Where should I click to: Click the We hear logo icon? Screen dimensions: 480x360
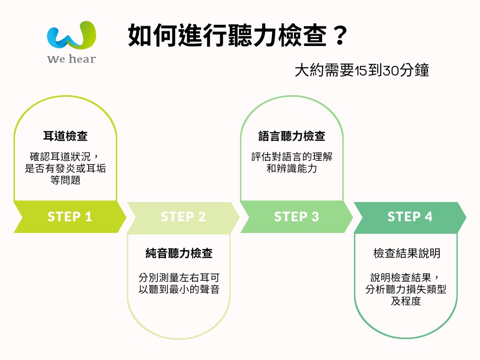(72, 35)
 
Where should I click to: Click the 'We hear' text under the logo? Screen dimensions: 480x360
(72, 59)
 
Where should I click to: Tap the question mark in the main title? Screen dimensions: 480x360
(340, 35)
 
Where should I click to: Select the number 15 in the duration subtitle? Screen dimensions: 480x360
(361, 70)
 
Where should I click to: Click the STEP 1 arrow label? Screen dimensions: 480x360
(70, 217)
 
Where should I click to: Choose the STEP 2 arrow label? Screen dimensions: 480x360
(183, 217)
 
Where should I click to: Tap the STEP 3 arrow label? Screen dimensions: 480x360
(296, 217)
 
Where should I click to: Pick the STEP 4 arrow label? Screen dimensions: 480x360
(410, 217)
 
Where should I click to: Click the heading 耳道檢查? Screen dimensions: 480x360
(66, 136)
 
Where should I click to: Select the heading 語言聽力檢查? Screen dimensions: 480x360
(292, 136)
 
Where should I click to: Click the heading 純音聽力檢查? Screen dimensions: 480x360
(179, 253)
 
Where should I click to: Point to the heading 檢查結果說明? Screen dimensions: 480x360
(407, 253)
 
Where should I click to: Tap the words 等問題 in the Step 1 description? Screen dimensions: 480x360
(66, 180)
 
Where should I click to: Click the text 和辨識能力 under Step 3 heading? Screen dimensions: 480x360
(292, 168)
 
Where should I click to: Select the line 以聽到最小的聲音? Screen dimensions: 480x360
(179, 289)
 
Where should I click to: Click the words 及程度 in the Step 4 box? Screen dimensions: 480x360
(406, 301)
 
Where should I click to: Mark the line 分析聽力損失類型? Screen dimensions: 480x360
(406, 289)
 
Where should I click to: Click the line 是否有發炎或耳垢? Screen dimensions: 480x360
(66, 168)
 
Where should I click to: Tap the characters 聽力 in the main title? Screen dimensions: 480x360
(253, 35)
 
